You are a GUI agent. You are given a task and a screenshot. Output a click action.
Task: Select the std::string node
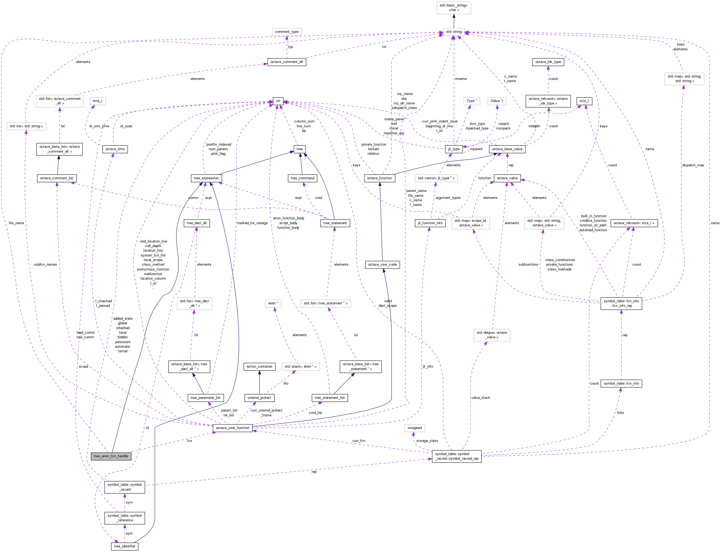pyautogui.click(x=454, y=32)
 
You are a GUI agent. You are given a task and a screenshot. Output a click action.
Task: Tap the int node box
pyautogui.click(x=278, y=101)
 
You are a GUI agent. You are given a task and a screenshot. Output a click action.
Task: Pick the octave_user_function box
pyautogui.click(x=232, y=428)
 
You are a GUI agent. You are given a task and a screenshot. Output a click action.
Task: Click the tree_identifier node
pyautogui.click(x=125, y=546)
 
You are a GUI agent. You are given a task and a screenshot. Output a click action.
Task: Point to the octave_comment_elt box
pyautogui.click(x=287, y=62)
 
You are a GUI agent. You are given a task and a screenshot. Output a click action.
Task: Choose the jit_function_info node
pyautogui.click(x=430, y=223)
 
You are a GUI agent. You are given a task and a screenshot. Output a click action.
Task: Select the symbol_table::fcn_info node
pyautogui.click(x=621, y=384)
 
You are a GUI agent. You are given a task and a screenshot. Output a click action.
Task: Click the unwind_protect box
pyautogui.click(x=259, y=398)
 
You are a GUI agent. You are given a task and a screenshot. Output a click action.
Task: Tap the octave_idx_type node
pyautogui.click(x=548, y=62)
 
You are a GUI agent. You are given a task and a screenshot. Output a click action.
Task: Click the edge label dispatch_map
pyautogui.click(x=693, y=165)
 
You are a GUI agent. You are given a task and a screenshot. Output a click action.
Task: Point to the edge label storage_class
pyautogui.click(x=427, y=441)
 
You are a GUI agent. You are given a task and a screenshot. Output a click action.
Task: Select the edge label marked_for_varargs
pyautogui.click(x=252, y=223)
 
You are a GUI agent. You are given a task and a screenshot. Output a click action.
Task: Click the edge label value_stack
pyautogui.click(x=480, y=398)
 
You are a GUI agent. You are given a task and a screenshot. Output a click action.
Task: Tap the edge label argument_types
pyautogui.click(x=448, y=198)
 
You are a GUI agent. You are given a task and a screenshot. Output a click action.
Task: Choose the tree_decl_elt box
pyautogui.click(x=196, y=223)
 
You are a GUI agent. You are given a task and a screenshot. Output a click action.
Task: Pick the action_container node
pyautogui.click(x=259, y=366)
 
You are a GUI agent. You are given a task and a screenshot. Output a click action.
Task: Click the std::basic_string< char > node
pyautogui.click(x=454, y=8)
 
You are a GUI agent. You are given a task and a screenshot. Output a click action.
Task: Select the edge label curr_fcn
pyautogui.click(x=358, y=441)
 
